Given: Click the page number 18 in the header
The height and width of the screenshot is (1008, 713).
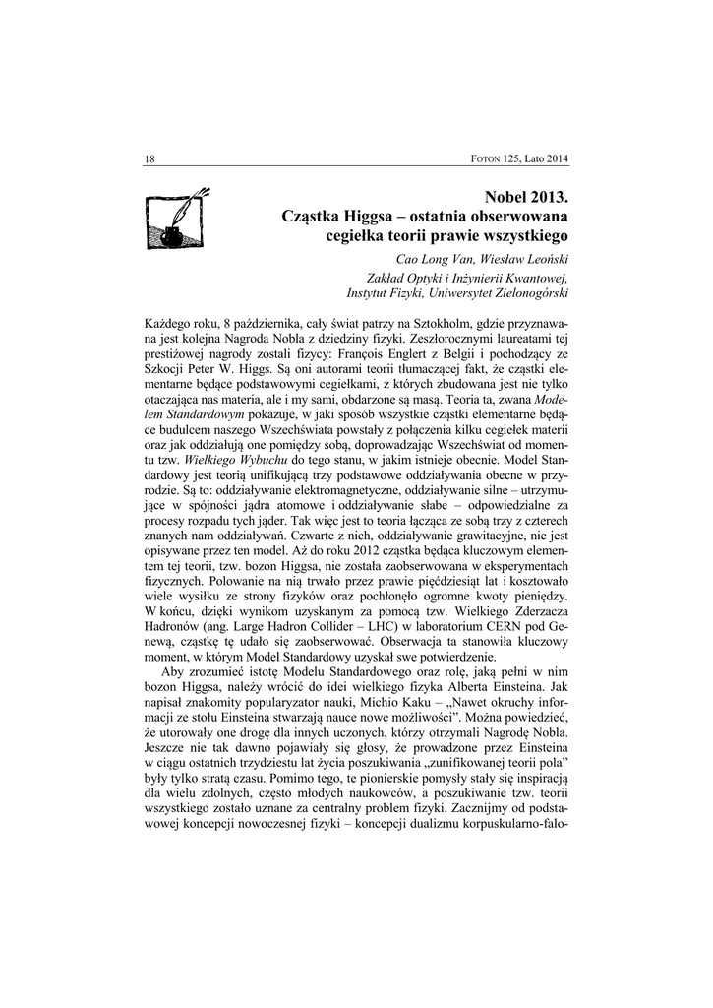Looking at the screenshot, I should [x=149, y=160].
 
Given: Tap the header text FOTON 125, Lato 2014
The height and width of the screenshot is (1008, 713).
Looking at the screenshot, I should [x=522, y=160].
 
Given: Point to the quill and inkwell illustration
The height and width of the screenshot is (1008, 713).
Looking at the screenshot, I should [x=176, y=218].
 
